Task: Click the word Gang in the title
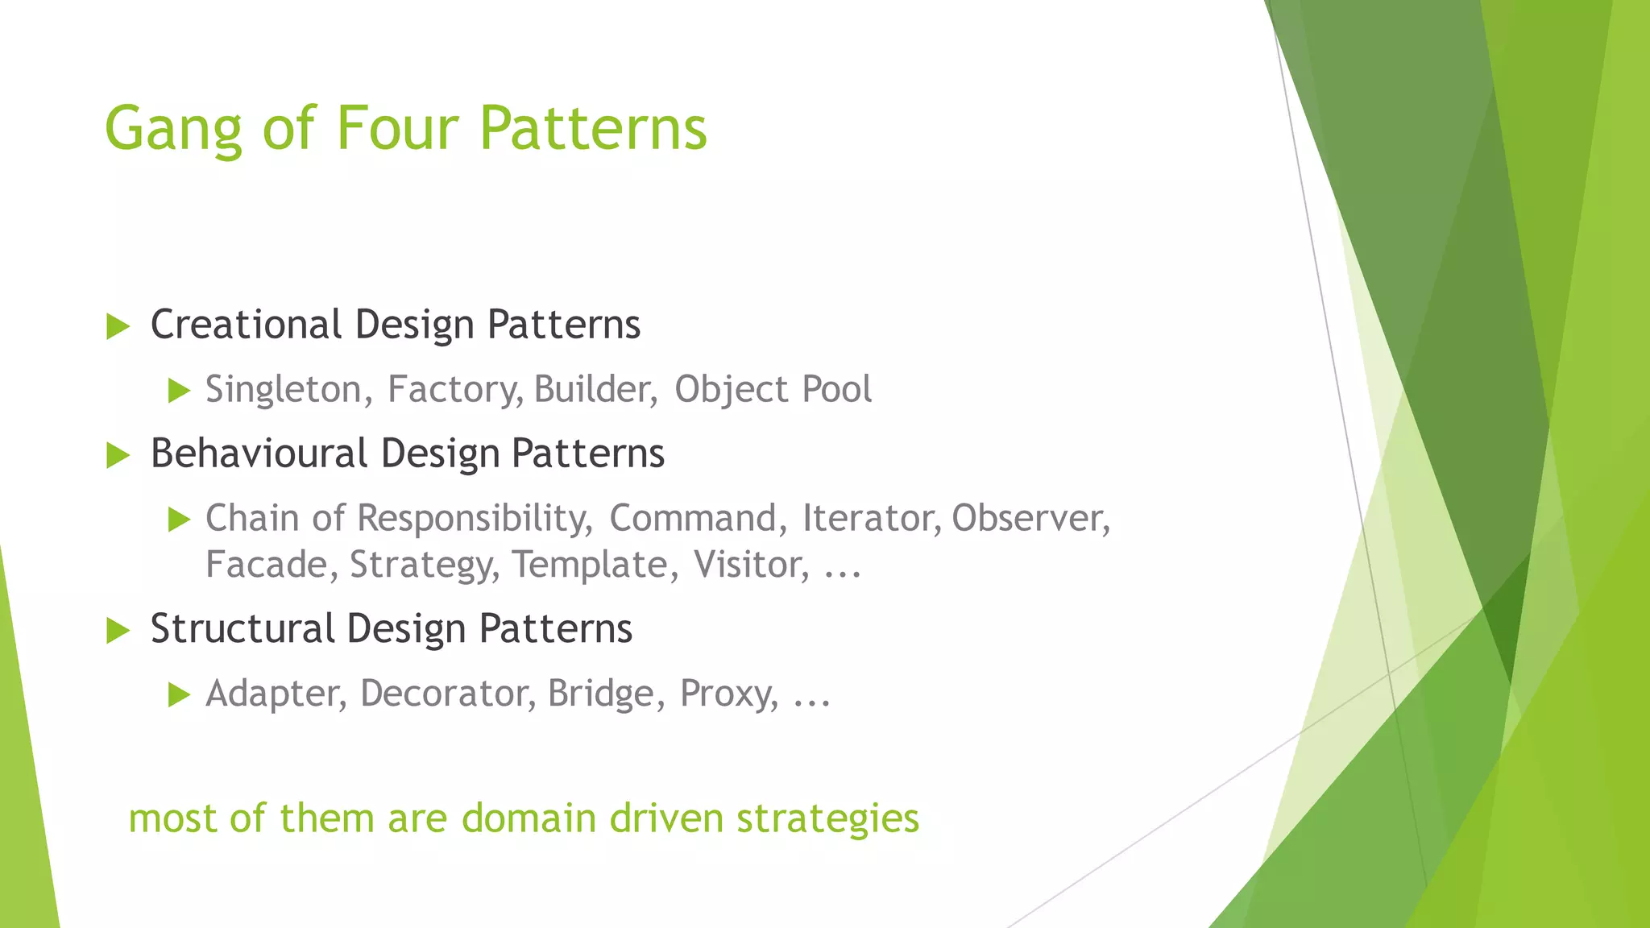[172, 129]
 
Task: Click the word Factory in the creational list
[453, 390]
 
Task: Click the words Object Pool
[773, 390]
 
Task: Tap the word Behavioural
[259, 454]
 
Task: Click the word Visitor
[750, 565]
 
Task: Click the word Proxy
[728, 694]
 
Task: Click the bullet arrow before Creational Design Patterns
[118, 327]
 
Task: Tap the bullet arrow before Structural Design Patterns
[118, 631]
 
